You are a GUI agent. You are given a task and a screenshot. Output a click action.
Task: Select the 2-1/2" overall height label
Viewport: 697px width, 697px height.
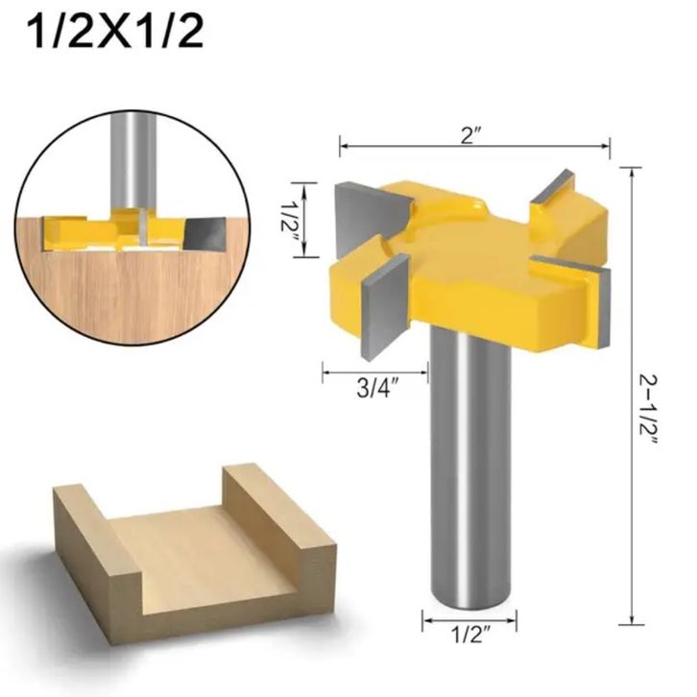(648, 410)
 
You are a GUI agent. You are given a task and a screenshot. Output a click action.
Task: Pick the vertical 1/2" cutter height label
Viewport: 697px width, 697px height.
(289, 222)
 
